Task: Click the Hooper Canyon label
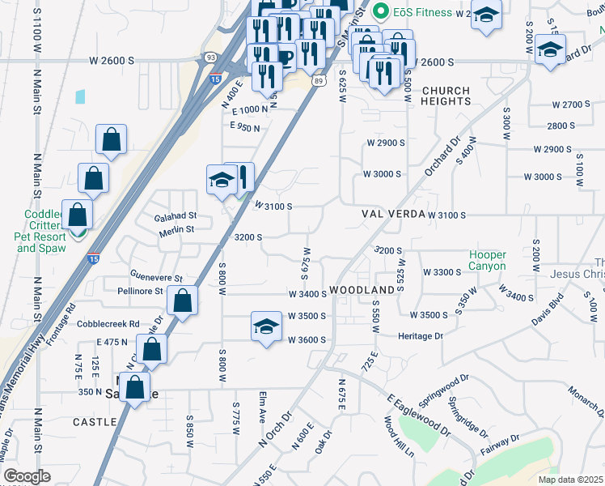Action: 487,260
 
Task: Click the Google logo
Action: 27,476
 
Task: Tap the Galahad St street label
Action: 176,215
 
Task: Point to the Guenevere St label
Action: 156,277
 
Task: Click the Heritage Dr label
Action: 421,335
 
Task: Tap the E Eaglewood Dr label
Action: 417,415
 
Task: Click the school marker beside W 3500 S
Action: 266,326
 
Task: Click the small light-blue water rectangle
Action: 80,96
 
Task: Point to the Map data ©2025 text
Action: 571,480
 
